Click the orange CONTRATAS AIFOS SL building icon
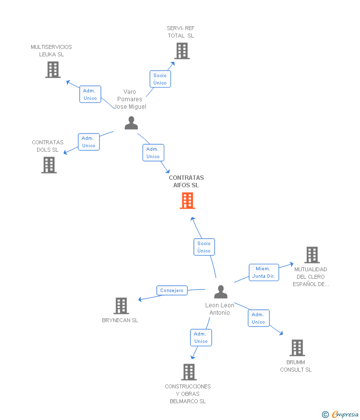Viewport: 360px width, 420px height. pyautogui.click(x=187, y=201)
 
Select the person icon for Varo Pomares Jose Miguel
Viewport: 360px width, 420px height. pyautogui.click(x=131, y=123)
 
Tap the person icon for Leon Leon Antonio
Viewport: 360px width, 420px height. pyautogui.click(x=221, y=292)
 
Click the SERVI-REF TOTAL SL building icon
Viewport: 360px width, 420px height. pyautogui.click(x=181, y=51)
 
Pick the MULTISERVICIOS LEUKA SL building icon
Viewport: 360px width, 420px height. pyautogui.click(x=52, y=70)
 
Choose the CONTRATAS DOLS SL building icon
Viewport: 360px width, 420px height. pyautogui.click(x=49, y=165)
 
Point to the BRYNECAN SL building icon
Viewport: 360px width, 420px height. pyautogui.click(x=121, y=306)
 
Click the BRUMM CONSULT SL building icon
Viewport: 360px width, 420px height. pyautogui.click(x=297, y=348)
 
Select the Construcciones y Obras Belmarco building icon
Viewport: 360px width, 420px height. pyautogui.click(x=188, y=372)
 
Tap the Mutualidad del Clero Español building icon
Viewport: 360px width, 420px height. pyautogui.click(x=312, y=255)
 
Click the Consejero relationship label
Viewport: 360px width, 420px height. pyautogui.click(x=172, y=291)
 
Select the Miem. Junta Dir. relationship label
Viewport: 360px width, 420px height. pyautogui.click(x=264, y=272)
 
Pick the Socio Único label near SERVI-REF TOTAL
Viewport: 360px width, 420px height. pyautogui.click(x=160, y=79)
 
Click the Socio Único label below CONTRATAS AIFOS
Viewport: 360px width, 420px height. pyautogui.click(x=204, y=247)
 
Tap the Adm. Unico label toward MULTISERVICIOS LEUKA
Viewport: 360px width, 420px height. pyautogui.click(x=90, y=94)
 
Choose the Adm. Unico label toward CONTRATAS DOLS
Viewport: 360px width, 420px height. pyautogui.click(x=89, y=142)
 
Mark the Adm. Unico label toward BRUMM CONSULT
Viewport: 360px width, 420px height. pyautogui.click(x=258, y=318)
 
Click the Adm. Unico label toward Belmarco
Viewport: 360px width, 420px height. pyautogui.click(x=201, y=337)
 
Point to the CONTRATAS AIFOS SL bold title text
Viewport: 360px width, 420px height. pyautogui.click(x=186, y=181)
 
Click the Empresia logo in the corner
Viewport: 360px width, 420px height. pyautogui.click(x=344, y=415)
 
